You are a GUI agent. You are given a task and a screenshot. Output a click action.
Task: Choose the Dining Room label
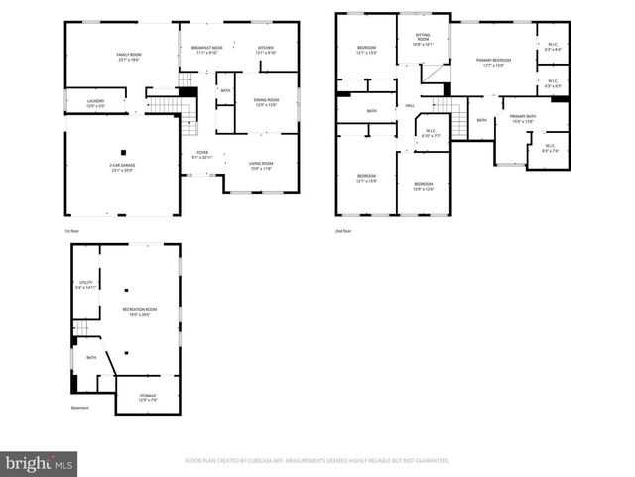coord(265,102)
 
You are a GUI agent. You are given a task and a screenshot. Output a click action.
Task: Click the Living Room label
coord(261,166)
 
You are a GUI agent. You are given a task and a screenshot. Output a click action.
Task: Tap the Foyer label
coord(202,155)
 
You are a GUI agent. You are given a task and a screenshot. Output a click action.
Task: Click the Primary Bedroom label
coord(493,63)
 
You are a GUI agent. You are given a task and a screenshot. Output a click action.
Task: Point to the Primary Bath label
coord(522,118)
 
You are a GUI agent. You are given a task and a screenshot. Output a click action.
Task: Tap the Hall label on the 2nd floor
coord(409,107)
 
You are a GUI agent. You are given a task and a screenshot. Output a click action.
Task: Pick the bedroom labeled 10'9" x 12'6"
coord(423,186)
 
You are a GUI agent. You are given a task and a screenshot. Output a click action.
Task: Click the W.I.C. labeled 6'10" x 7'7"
coord(431,133)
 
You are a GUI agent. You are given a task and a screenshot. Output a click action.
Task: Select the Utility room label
coord(86,285)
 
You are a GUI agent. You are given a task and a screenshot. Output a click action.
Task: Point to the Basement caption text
coord(79,408)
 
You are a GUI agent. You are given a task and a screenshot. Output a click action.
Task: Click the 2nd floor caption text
coord(344,230)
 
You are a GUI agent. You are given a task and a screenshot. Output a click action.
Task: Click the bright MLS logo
coord(40,463)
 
